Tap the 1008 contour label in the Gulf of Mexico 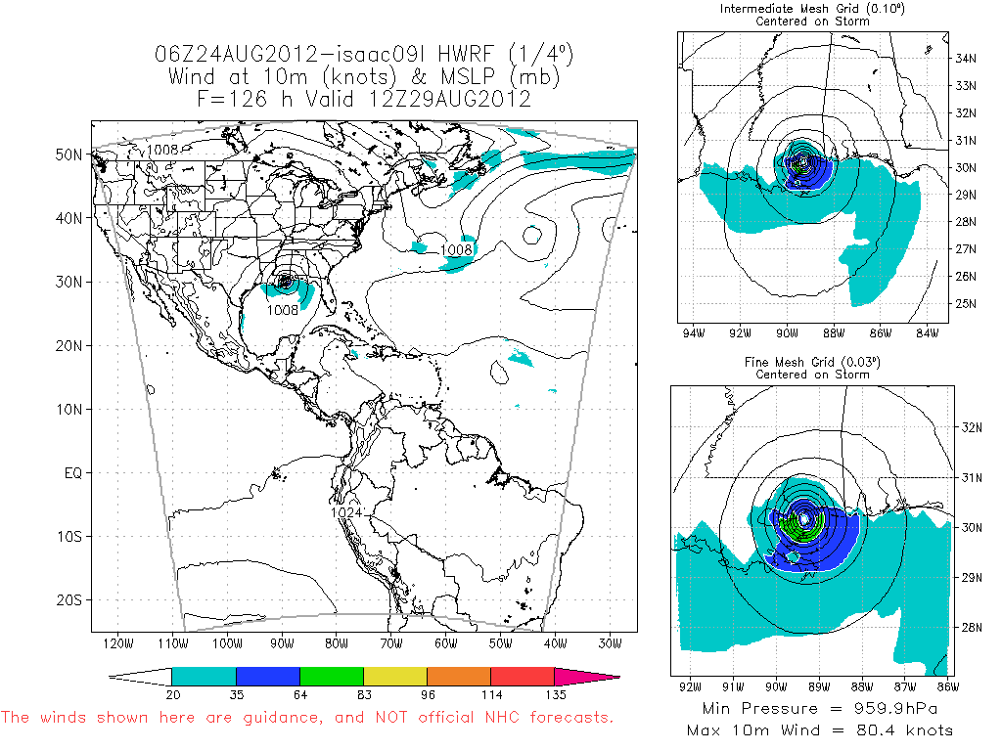point(283,310)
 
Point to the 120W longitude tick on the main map point(117,644)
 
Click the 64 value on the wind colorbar point(299,693)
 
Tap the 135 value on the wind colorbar point(554,693)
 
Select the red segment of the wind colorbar point(522,676)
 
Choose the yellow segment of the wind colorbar point(394,676)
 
